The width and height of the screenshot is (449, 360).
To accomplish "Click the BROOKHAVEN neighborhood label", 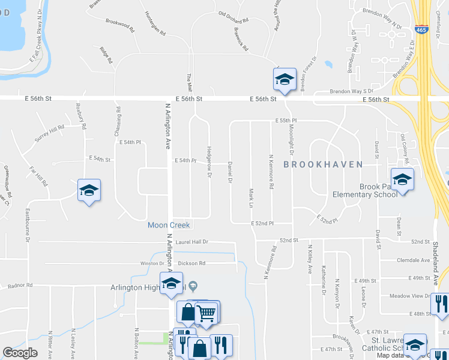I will tap(322, 164).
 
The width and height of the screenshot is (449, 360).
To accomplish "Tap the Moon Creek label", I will tap(169, 225).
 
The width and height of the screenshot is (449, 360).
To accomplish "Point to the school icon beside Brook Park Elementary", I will tap(402, 179).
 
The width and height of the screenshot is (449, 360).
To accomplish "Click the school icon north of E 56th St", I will tap(285, 79).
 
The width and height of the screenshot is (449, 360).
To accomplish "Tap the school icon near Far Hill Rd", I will tap(89, 191).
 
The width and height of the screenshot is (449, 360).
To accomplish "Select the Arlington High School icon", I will tap(171, 283).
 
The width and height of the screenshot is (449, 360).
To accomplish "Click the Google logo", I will tap(20, 352).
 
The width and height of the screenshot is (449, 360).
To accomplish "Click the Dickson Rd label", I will tap(191, 263).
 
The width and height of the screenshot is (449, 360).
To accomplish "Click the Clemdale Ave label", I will tap(414, 260).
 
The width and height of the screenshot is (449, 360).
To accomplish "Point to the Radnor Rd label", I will tap(20, 286).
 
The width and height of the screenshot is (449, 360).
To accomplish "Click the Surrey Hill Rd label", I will tap(49, 133).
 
